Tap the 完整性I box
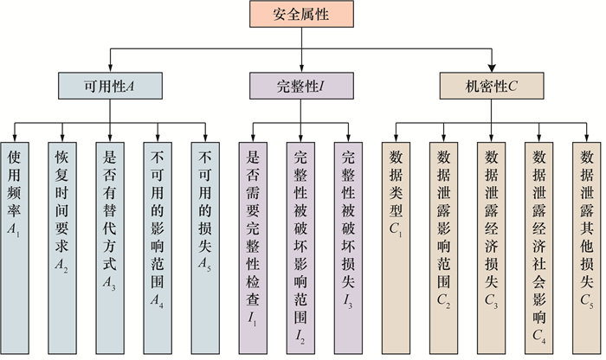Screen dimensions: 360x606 click(300, 86)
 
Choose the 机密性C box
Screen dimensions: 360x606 click(491, 86)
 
